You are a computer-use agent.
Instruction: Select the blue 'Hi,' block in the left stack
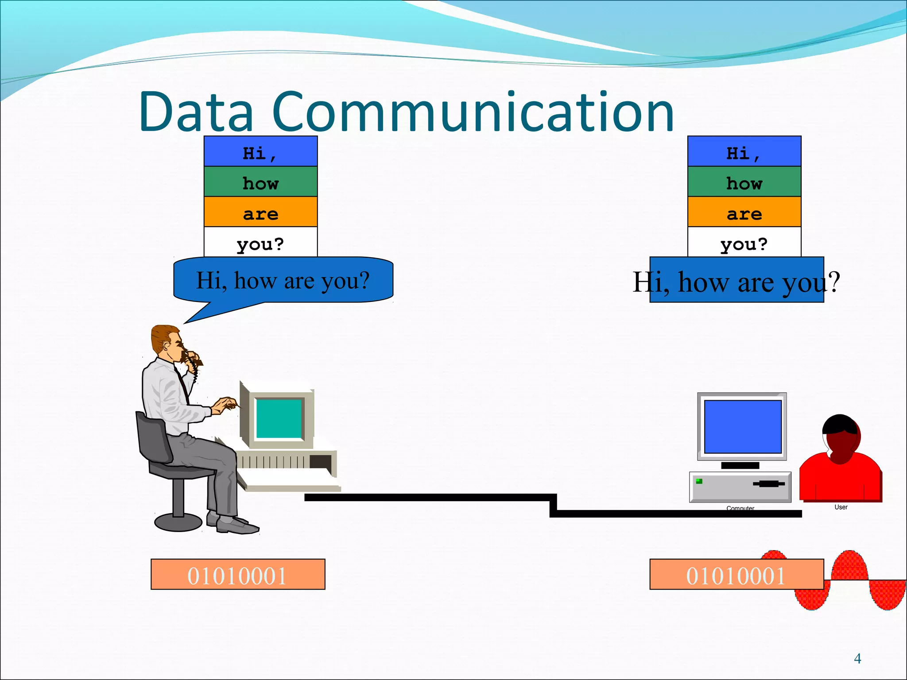[260, 151]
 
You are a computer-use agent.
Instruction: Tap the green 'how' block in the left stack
[260, 182]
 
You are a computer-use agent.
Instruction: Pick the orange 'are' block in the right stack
[744, 212]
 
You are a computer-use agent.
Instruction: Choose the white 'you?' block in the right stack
[744, 242]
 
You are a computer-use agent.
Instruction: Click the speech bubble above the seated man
[283, 280]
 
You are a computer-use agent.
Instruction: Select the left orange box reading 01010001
[238, 574]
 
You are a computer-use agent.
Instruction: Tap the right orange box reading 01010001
[736, 574]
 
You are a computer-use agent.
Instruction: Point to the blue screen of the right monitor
[743, 426]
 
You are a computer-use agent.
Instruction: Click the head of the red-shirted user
[841, 438]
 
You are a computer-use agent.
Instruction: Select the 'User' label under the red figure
[841, 507]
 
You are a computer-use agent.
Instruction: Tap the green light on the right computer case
[699, 481]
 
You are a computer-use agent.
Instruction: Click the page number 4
[857, 659]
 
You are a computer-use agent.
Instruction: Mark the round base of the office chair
[178, 522]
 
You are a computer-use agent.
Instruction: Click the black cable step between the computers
[553, 505]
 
